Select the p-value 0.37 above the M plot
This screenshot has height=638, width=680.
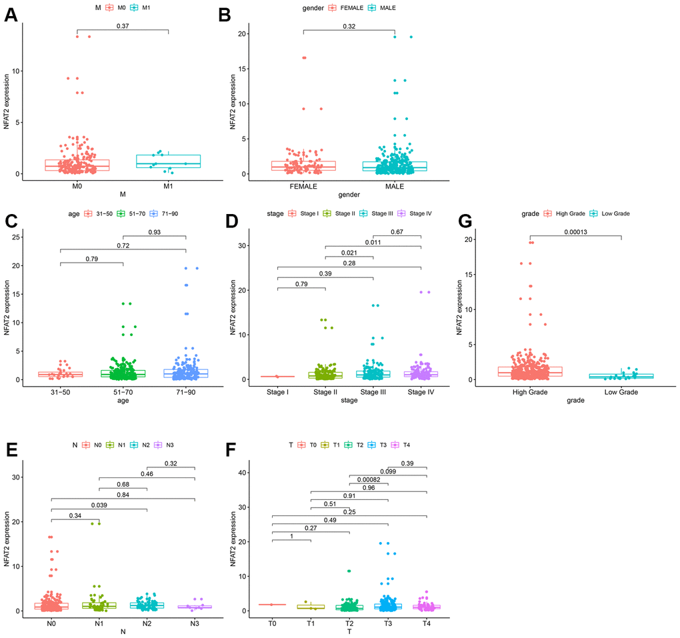coord(123,25)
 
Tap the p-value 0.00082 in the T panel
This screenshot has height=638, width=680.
coord(369,479)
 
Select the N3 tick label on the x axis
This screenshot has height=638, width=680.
coord(195,623)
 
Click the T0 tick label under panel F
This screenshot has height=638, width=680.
coord(272,623)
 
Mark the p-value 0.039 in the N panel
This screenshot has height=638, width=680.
coord(99,505)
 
